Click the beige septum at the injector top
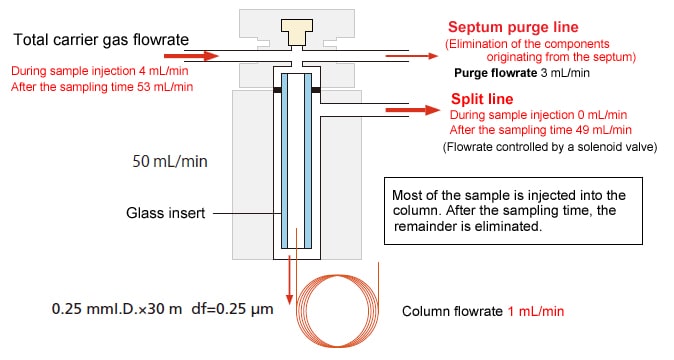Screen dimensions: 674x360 pyautogui.click(x=297, y=32)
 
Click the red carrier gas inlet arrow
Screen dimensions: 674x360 pyautogui.click(x=191, y=56)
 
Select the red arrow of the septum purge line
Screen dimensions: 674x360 pyautogui.click(x=411, y=56)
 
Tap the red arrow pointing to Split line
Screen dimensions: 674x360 pyautogui.click(x=413, y=110)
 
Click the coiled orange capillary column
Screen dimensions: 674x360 pyautogui.click(x=337, y=309)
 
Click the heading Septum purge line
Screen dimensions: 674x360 pyautogui.click(x=513, y=27)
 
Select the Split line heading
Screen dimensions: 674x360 pyautogui.click(x=482, y=99)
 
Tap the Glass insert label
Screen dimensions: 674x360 pyautogui.click(x=165, y=213)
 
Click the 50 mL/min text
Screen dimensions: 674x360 pyautogui.click(x=170, y=162)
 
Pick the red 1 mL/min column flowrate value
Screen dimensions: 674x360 pyautogui.click(x=536, y=311)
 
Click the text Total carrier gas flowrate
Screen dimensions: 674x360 pyautogui.click(x=101, y=40)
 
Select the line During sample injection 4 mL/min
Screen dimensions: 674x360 pyautogui.click(x=100, y=71)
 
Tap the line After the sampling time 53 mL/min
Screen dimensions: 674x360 pyautogui.click(x=102, y=87)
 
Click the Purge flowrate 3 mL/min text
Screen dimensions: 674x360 pyautogui.click(x=522, y=73)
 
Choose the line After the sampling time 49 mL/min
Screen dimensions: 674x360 pyautogui.click(x=541, y=130)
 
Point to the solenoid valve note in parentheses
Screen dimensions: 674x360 pyautogui.click(x=550, y=147)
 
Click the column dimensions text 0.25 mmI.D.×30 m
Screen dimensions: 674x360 pyautogui.click(x=117, y=309)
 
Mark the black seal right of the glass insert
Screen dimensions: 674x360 pyautogui.click(x=316, y=90)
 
